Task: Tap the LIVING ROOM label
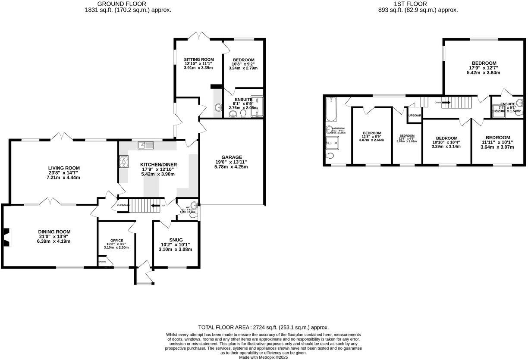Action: click(x=64, y=168)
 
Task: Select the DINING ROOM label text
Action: click(x=54, y=232)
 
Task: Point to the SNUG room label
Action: click(x=176, y=240)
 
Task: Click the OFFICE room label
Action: click(x=116, y=241)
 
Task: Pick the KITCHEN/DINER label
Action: click(x=158, y=165)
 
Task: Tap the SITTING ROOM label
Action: click(x=199, y=59)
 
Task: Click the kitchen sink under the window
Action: click(x=146, y=146)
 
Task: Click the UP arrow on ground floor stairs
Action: click(x=155, y=206)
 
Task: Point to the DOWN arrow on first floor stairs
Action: click(x=446, y=103)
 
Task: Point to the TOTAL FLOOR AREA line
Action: click(x=263, y=327)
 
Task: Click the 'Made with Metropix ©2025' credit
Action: click(x=264, y=357)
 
